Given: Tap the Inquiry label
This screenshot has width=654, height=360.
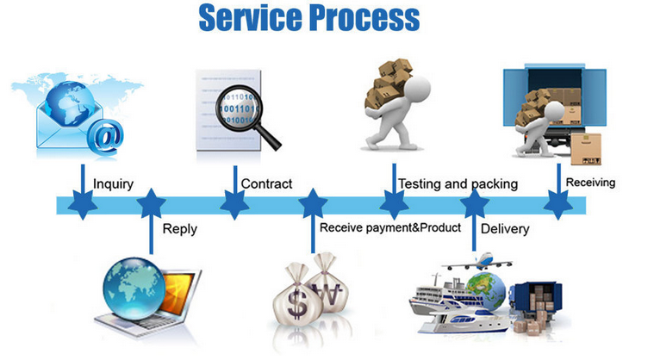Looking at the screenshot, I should [113, 183].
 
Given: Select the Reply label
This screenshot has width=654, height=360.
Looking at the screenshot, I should [179, 228].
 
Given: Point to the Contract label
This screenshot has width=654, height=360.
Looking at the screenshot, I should [266, 183].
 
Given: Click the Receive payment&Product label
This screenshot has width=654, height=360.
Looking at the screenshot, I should [390, 228].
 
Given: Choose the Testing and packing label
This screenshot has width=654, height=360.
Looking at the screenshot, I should [458, 183].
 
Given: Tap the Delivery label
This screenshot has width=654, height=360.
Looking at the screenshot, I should [505, 229].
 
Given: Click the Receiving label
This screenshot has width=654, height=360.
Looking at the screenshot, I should [590, 183].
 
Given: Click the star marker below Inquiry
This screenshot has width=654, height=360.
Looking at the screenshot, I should [83, 205].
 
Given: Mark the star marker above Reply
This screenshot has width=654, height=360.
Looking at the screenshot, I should [151, 205].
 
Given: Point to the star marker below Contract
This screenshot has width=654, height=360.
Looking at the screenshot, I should [235, 205].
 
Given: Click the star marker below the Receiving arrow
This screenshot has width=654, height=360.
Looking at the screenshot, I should [557, 205].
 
